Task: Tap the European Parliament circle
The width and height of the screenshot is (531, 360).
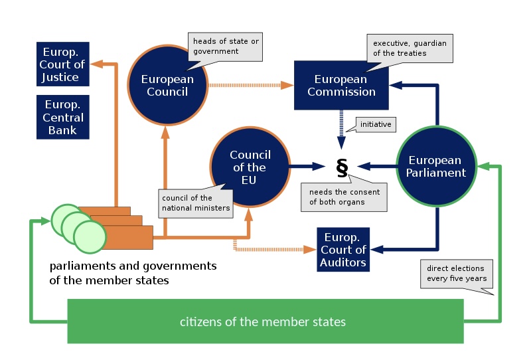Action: click(x=437, y=166)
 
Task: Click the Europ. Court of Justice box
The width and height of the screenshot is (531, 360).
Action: click(x=63, y=64)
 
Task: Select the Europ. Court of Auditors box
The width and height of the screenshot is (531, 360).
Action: click(x=343, y=250)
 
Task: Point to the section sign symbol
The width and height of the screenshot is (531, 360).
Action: click(x=342, y=167)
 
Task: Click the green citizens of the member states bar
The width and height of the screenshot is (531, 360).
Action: click(x=265, y=321)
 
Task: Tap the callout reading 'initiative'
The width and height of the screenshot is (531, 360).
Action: click(x=375, y=124)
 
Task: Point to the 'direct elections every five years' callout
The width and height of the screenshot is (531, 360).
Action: click(x=456, y=274)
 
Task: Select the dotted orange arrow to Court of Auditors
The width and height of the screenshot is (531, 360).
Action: click(x=272, y=250)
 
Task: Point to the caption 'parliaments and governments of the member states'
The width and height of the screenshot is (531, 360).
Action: click(x=133, y=273)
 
